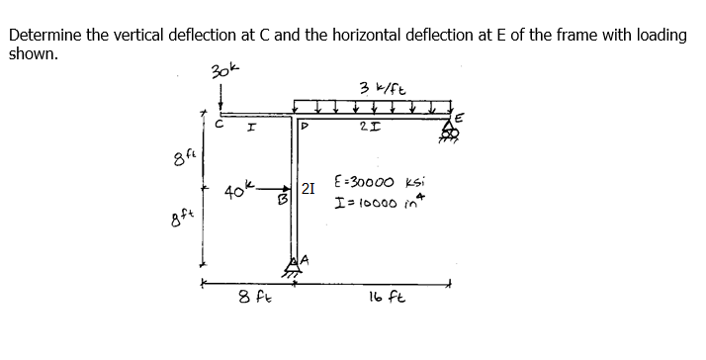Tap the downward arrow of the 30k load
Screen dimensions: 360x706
point(221,97)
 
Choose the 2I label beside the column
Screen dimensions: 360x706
point(309,190)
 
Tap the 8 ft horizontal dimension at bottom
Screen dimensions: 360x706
point(252,297)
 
